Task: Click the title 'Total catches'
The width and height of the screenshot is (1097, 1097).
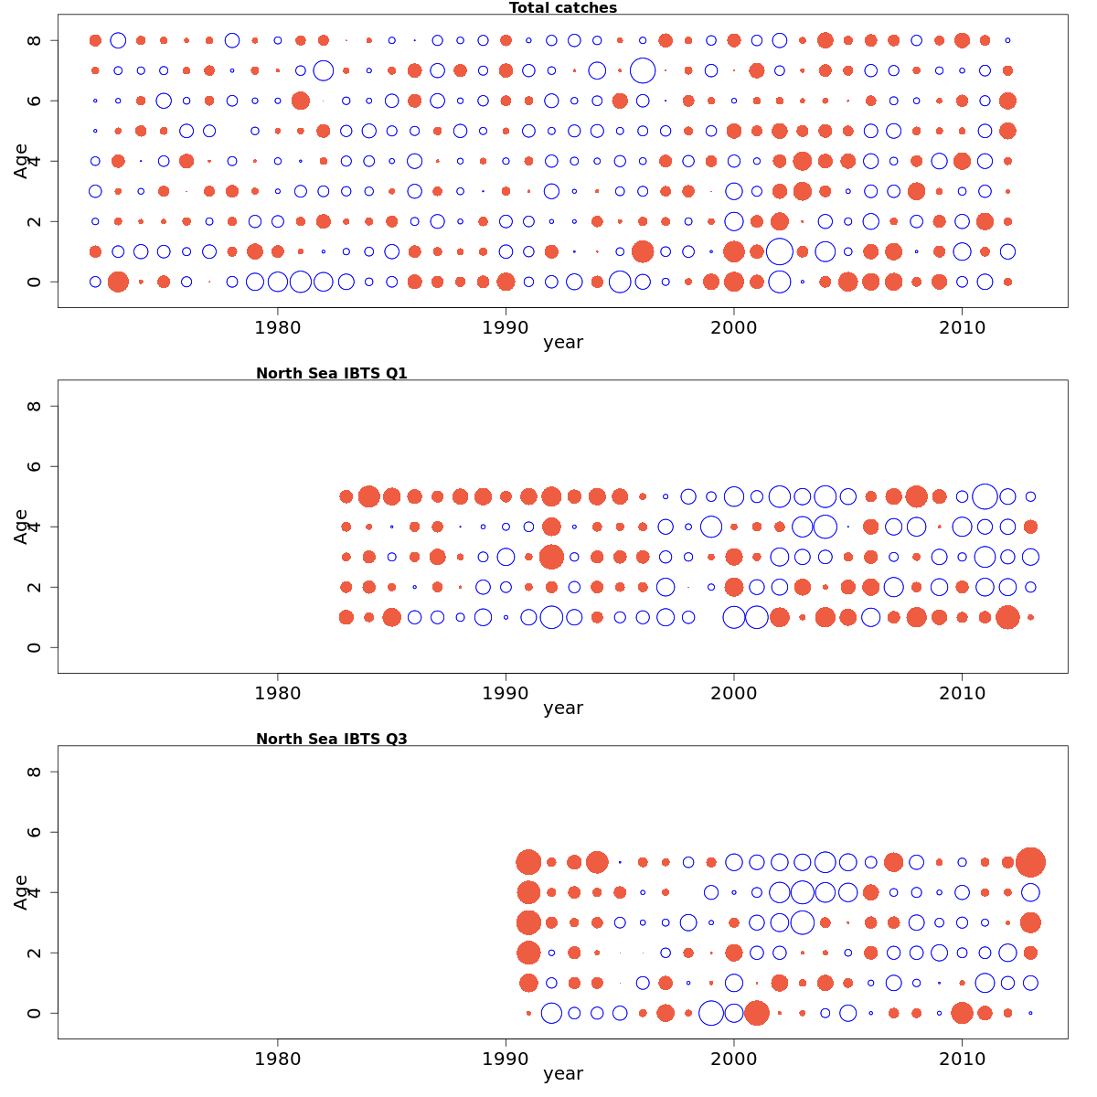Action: (x=562, y=8)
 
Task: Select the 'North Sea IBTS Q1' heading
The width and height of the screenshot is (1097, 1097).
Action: (x=331, y=373)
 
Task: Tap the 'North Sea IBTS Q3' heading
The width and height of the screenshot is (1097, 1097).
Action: (x=331, y=739)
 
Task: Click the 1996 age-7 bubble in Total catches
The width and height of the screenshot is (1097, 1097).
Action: (x=643, y=70)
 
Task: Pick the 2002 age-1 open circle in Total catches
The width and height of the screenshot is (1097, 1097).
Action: (x=779, y=251)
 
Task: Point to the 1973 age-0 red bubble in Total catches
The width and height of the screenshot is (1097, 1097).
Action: (x=118, y=282)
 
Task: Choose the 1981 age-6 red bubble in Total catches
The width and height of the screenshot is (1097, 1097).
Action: (x=300, y=101)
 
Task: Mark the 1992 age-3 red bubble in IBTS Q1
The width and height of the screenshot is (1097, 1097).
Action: (x=551, y=557)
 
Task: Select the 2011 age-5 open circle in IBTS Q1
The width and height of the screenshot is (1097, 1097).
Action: (x=985, y=496)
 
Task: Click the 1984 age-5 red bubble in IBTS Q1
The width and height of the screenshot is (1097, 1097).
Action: (x=368, y=496)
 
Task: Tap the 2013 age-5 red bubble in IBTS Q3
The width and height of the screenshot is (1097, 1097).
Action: (x=1030, y=862)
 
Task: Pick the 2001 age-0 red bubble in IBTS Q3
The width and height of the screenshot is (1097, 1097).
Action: (x=756, y=1013)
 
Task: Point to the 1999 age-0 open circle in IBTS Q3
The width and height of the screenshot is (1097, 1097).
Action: (x=710, y=1013)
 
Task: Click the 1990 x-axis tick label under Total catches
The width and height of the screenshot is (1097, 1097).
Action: (x=506, y=327)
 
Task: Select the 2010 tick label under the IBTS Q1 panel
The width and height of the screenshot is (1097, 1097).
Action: (x=962, y=693)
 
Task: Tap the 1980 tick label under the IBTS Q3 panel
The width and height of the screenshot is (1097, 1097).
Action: (x=277, y=1059)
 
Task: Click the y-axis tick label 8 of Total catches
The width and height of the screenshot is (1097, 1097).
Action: (x=35, y=40)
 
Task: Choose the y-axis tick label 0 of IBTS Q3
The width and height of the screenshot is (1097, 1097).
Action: (x=35, y=1013)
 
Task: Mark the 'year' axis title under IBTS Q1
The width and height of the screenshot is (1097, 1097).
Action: (x=562, y=708)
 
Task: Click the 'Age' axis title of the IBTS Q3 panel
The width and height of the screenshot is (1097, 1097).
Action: (x=21, y=891)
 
